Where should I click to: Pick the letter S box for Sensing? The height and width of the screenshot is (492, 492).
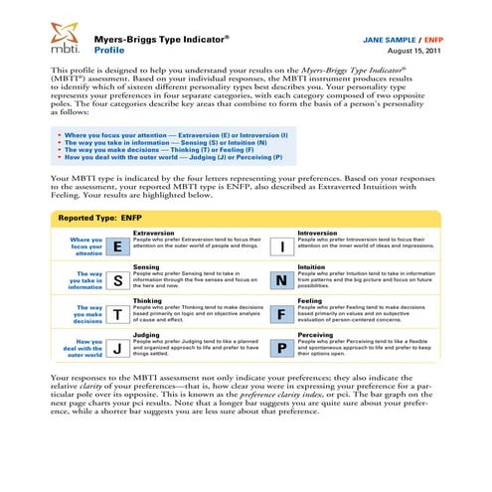click(117, 281)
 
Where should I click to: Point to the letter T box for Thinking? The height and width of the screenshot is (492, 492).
click(117, 315)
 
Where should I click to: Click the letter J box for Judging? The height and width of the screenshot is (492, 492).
click(117, 349)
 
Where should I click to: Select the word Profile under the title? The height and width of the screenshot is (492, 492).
click(109, 49)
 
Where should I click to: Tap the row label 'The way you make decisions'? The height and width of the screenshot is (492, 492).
click(83, 315)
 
